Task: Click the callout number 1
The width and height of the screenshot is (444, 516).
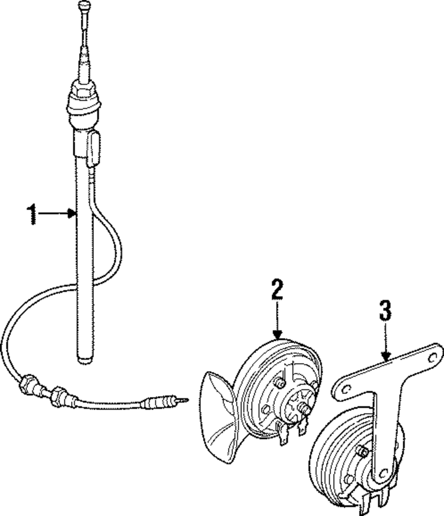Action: click(32, 214)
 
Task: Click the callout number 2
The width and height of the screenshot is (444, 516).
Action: click(277, 289)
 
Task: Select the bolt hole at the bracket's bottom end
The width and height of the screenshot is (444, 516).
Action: click(381, 474)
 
